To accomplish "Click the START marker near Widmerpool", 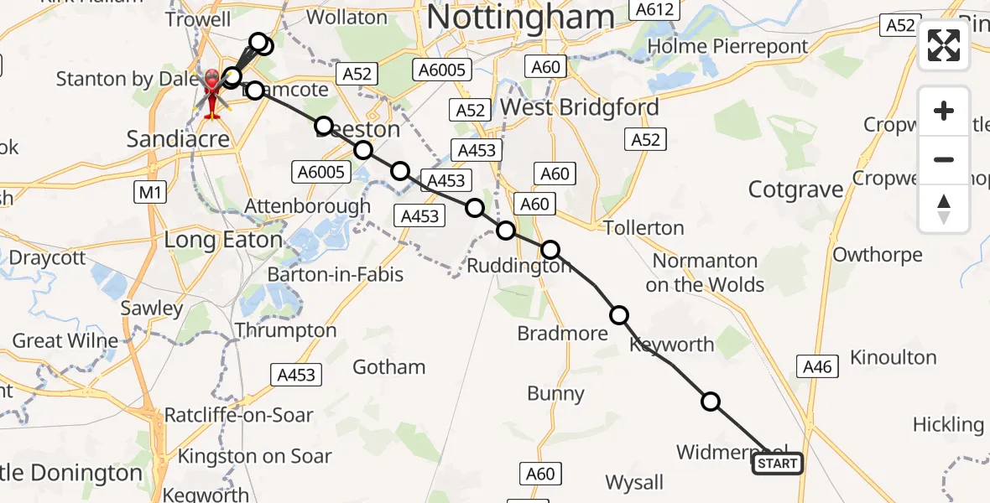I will pyautogui.click(x=777, y=464).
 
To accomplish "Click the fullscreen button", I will pyautogui.click(x=944, y=45).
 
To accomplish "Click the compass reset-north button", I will pyautogui.click(x=944, y=209).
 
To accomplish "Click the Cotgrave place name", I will pyautogui.click(x=795, y=189).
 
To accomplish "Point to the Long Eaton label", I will pyautogui.click(x=222, y=241).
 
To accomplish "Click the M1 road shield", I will pyautogui.click(x=148, y=194).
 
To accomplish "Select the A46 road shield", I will pyautogui.click(x=817, y=366).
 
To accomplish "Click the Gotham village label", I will pyautogui.click(x=388, y=367).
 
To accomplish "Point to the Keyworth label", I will pyautogui.click(x=671, y=345).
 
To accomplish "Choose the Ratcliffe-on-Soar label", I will pyautogui.click(x=238, y=415).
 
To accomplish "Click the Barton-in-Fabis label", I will pyautogui.click(x=335, y=275).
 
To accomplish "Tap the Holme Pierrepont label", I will pyautogui.click(x=728, y=46).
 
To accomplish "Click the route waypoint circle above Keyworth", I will pyautogui.click(x=619, y=315).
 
